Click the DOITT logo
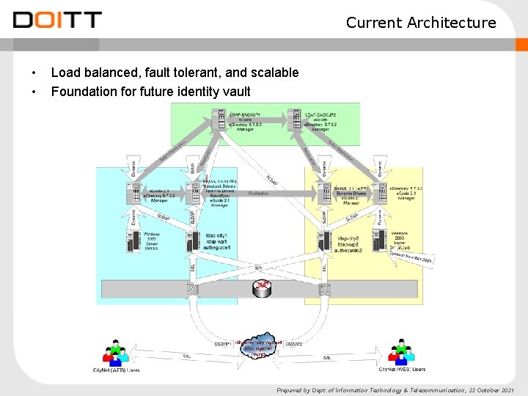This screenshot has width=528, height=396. tap(56, 20)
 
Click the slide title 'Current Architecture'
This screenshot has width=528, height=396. tap(421, 23)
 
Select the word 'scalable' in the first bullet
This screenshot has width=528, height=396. tap(274, 73)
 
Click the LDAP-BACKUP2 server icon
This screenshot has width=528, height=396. tap(293, 120)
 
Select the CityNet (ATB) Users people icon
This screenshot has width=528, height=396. tap(116, 352)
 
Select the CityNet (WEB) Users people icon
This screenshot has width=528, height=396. tap(400, 351)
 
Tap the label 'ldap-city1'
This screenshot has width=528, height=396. tap(219, 234)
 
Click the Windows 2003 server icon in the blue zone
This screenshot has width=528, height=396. tap(133, 240)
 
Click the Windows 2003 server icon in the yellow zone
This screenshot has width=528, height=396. tap(378, 239)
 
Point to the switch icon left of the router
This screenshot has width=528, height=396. tap(191, 289)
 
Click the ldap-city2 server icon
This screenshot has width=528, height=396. tap(323, 241)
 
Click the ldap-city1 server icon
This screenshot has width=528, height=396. tap(193, 240)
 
